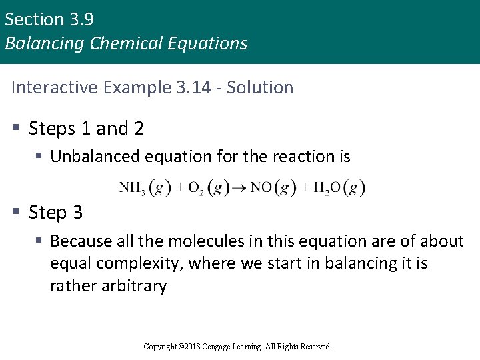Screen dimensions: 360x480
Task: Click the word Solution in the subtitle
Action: [x=260, y=87]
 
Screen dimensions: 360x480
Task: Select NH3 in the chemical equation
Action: [x=132, y=189]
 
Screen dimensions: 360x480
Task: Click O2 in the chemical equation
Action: [x=196, y=189]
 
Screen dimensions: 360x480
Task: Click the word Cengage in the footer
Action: [x=225, y=347]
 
